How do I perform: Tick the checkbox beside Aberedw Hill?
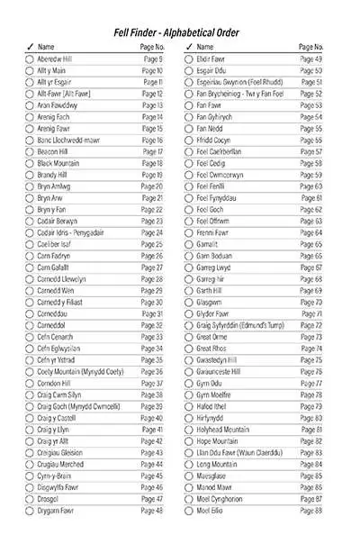(30, 59)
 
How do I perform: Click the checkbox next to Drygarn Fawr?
(30, 510)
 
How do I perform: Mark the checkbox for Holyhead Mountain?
(188, 430)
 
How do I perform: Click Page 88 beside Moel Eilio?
(311, 510)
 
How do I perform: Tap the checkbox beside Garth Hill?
(188, 290)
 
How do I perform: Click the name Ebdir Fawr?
(211, 59)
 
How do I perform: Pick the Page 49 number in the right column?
(311, 59)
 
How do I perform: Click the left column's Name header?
(47, 46)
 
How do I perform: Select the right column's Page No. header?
(310, 46)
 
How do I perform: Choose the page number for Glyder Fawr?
(311, 313)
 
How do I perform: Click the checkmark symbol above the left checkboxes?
(30, 46)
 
